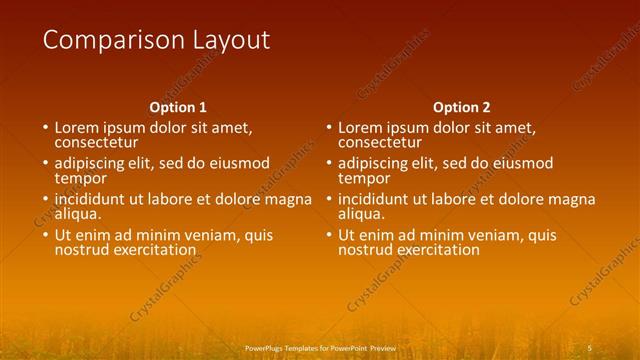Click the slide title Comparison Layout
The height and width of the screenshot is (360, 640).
[156, 40]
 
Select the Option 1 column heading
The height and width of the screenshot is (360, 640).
[178, 107]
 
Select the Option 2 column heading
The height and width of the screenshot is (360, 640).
[462, 107]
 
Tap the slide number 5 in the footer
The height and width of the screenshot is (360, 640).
[590, 346]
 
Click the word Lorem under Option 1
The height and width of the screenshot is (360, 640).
[78, 128]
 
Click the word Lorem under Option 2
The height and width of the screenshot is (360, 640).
[362, 128]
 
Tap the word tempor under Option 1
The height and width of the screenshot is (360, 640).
[80, 178]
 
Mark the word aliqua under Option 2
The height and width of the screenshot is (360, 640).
[364, 214]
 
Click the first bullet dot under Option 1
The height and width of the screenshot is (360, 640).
[45, 129]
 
